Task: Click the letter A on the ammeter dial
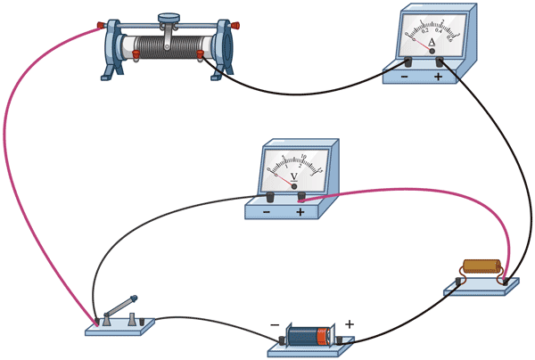pos(432,41)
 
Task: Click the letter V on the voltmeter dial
pos(293,176)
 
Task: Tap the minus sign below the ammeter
pos(406,78)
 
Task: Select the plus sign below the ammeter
pos(438,78)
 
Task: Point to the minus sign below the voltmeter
pos(266,212)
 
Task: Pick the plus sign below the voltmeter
pos(300,212)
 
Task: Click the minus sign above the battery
pos(274,324)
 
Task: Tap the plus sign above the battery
pos(350,324)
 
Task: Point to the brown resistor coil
pos(481,266)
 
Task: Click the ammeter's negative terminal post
pos(407,62)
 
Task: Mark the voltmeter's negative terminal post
pos(267,196)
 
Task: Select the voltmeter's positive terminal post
pos(300,196)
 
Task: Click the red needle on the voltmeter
pos(284,178)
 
